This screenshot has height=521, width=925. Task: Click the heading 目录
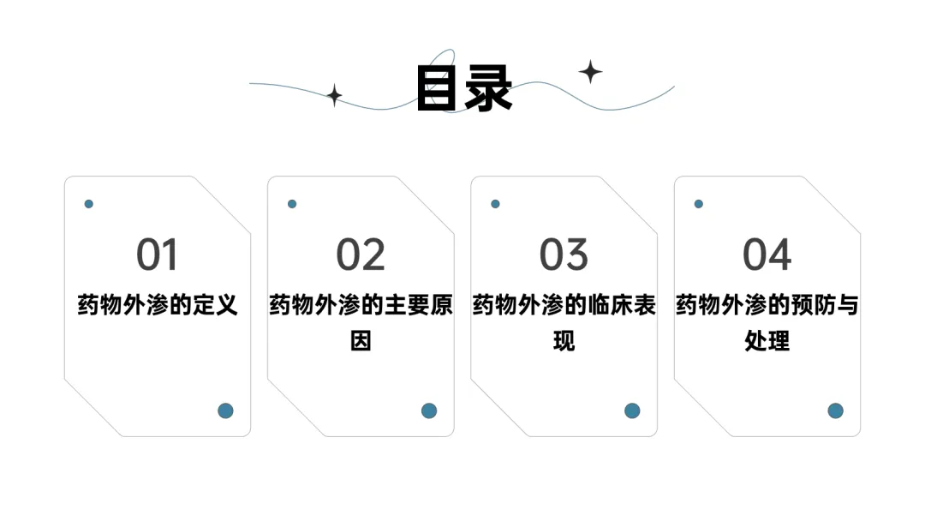point(464,88)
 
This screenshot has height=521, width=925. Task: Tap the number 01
point(157,255)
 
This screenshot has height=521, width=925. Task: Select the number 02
point(361,255)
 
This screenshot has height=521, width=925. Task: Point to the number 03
point(564,255)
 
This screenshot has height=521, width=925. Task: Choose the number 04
point(767,255)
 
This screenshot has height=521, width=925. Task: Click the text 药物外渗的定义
point(158,305)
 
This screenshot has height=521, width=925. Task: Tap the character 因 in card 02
point(361,341)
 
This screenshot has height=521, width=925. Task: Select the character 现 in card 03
point(564,341)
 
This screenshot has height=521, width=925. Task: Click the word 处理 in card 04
point(767,341)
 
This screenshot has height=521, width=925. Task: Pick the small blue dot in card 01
point(88,204)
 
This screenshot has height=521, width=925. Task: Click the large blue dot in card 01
point(225,410)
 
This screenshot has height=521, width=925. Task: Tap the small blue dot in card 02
point(292,204)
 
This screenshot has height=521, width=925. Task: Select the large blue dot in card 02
point(429,410)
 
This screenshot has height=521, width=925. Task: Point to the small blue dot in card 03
point(496,204)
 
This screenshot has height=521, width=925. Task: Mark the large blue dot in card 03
point(632,410)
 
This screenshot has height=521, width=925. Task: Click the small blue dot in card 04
point(699,204)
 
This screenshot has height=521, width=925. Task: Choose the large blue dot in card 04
point(835,410)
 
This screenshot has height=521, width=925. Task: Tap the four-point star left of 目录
point(335,95)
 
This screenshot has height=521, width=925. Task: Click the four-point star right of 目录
point(590,72)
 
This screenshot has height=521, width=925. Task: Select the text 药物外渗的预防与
point(767,305)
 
